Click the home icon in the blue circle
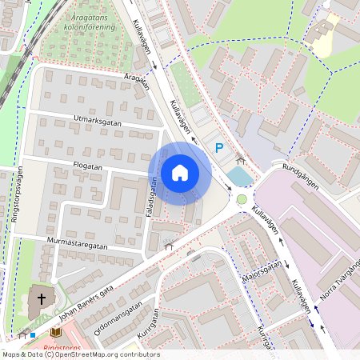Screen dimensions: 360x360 point(179,173)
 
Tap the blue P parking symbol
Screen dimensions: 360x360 point(218,147)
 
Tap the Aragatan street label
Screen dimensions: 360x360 point(137,78)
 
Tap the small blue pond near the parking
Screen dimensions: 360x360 point(239,174)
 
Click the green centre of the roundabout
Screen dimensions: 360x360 point(242,198)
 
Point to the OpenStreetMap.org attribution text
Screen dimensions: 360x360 point(80,354)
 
